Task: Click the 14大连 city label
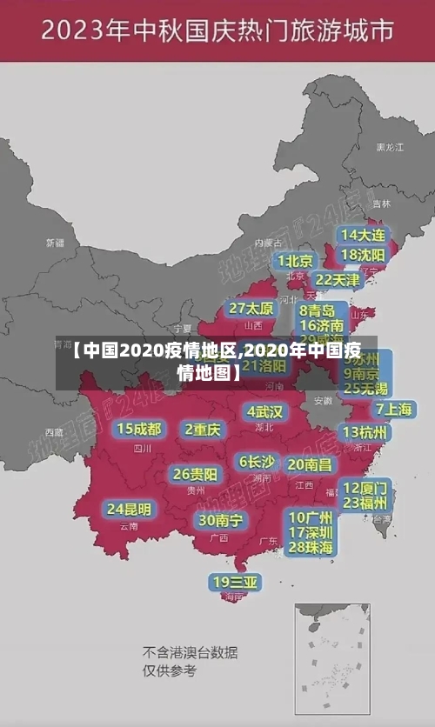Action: (364, 236)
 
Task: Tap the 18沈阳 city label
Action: (364, 255)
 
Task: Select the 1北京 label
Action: (296, 260)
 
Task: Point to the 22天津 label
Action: (337, 280)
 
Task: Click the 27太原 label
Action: (251, 309)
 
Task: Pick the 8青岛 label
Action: (318, 310)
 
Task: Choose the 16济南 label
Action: (321, 325)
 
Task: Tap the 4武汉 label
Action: (264, 411)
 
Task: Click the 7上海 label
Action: (393, 410)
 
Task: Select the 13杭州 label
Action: (365, 432)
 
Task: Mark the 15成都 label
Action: (139, 429)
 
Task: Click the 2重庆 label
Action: (203, 430)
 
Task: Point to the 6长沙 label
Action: (257, 461)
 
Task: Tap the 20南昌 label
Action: (309, 464)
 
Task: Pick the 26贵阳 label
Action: (195, 474)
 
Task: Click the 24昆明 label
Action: (129, 509)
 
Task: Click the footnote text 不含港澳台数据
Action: (190, 652)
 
